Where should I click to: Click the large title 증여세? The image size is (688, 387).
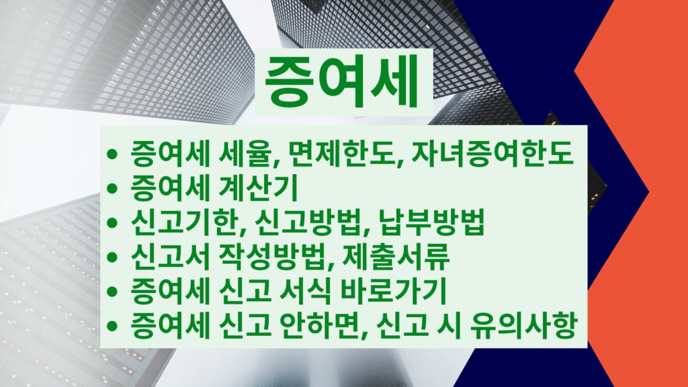342,82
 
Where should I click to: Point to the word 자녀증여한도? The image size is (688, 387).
492,154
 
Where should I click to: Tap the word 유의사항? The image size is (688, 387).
522,325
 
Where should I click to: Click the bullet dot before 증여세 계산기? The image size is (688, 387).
112,188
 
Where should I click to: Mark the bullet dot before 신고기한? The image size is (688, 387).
112,222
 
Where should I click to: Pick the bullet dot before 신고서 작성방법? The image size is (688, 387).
112,257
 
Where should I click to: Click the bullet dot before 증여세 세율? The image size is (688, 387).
112,154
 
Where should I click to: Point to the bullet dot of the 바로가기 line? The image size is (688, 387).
112,292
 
